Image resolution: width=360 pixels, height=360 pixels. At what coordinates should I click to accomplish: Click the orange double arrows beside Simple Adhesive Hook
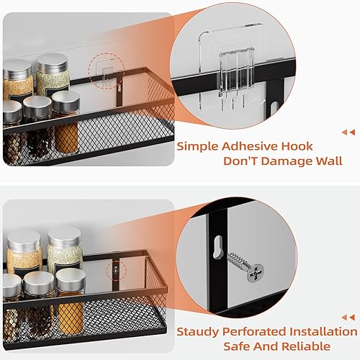[348, 132]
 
